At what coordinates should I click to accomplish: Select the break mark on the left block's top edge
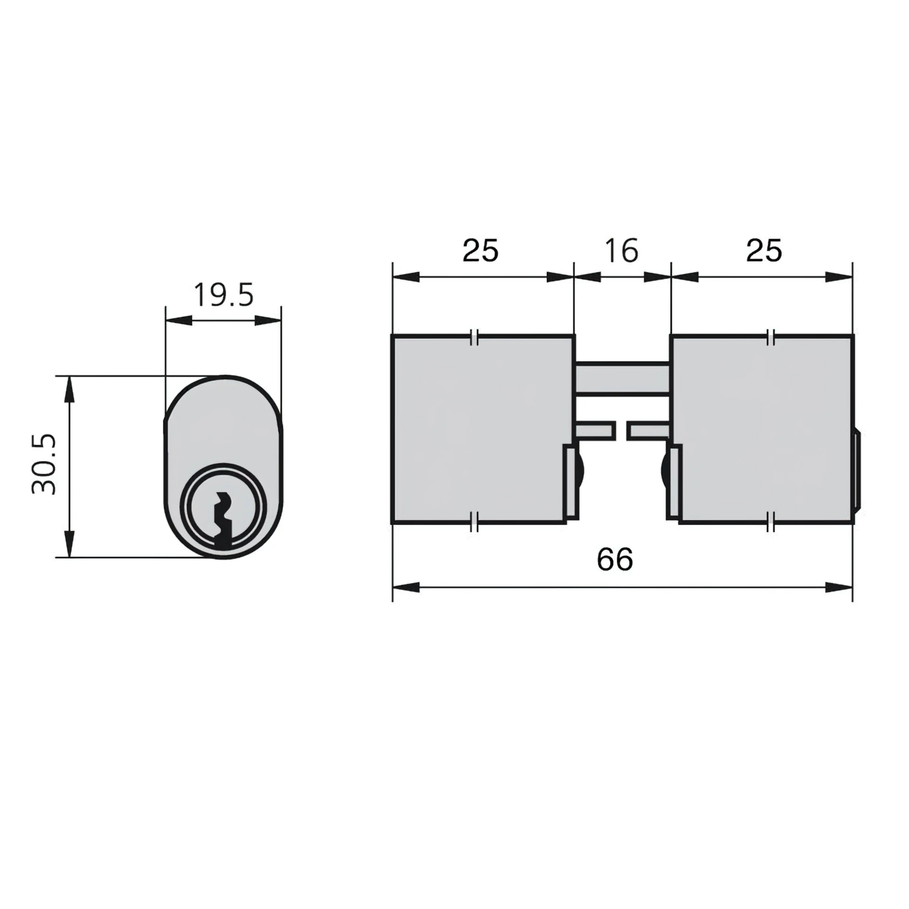pyautogui.click(x=475, y=337)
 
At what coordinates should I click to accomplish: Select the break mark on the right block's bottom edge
pyautogui.click(x=771, y=522)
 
